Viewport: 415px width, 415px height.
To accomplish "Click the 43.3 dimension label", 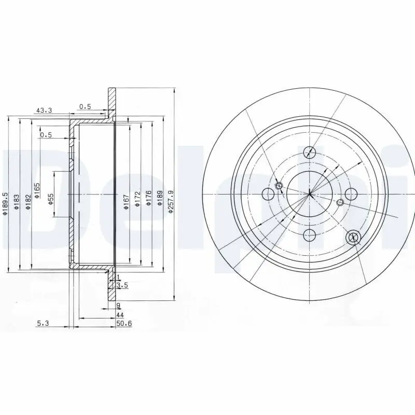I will (x=43, y=110).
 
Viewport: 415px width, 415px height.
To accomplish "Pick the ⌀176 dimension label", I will (x=148, y=198).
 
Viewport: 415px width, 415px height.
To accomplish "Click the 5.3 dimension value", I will (x=43, y=323).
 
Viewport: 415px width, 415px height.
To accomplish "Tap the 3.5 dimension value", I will (x=122, y=285).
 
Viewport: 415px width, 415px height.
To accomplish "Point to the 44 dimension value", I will (x=119, y=314).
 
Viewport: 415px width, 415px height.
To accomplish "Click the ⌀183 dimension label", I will (x=16, y=202).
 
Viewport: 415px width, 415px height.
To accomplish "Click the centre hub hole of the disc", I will (x=309, y=195).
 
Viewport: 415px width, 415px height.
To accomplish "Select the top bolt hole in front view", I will (x=310, y=152).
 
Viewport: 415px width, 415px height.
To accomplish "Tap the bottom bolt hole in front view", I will (x=310, y=235).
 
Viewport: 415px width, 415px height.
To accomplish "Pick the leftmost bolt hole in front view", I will (x=268, y=195).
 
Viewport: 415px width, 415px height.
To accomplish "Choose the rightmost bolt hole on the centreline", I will (x=351, y=195).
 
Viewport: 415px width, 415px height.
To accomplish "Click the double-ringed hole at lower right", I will (x=354, y=237).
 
